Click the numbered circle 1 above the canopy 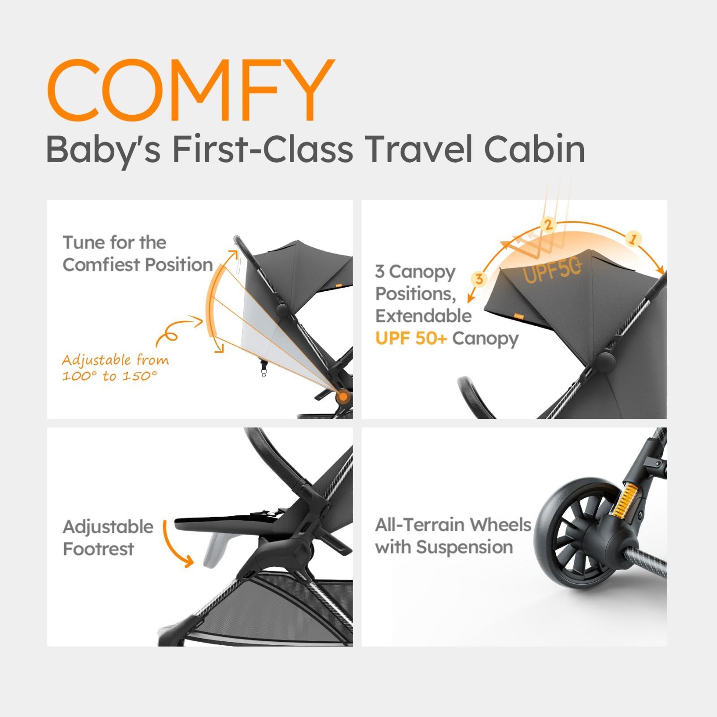pos(633,239)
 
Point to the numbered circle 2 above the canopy pos(548,224)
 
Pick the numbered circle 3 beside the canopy pos(479,279)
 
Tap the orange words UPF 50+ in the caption pos(411,338)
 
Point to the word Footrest pos(99,549)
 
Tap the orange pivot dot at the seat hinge pos(343,396)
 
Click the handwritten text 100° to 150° pos(110,376)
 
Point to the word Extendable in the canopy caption pos(423,316)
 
